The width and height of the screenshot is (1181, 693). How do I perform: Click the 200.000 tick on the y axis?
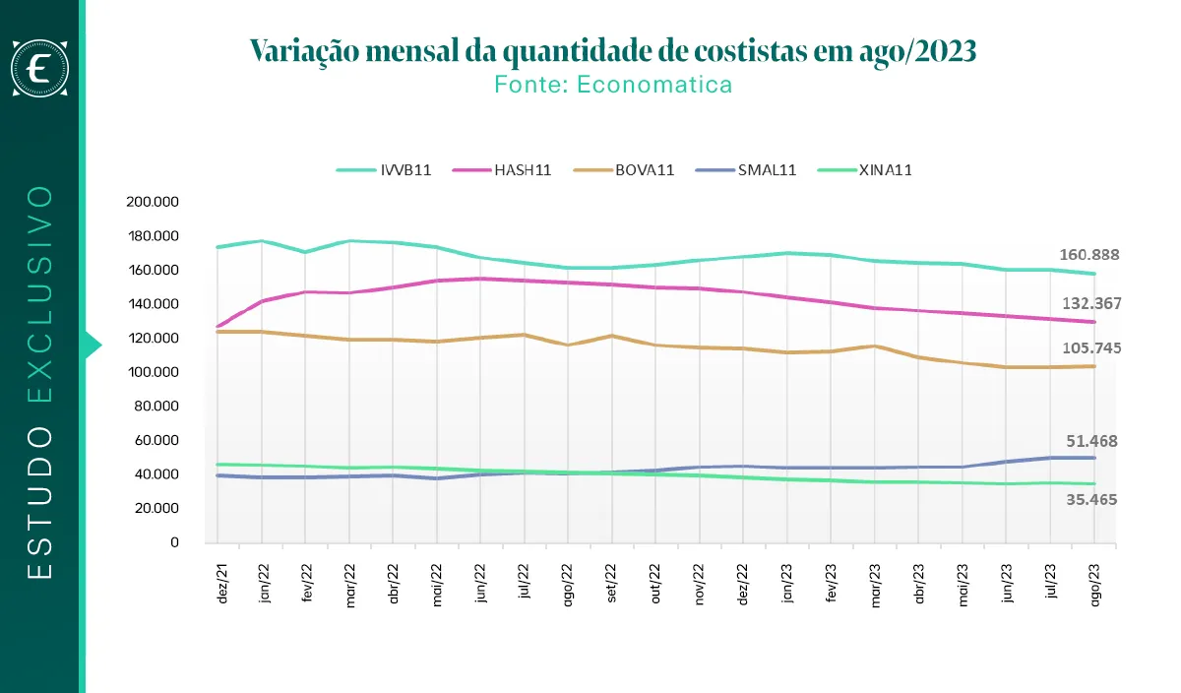point(153,202)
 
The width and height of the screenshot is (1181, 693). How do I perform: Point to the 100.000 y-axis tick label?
point(153,372)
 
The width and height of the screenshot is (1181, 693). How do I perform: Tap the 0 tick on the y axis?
point(174,542)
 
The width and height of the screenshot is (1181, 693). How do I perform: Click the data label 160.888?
point(1089,254)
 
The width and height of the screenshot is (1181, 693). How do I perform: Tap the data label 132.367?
point(1089,303)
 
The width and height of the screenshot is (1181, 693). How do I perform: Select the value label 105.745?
point(1089,348)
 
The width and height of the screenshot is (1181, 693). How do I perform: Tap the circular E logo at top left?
point(39,68)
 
